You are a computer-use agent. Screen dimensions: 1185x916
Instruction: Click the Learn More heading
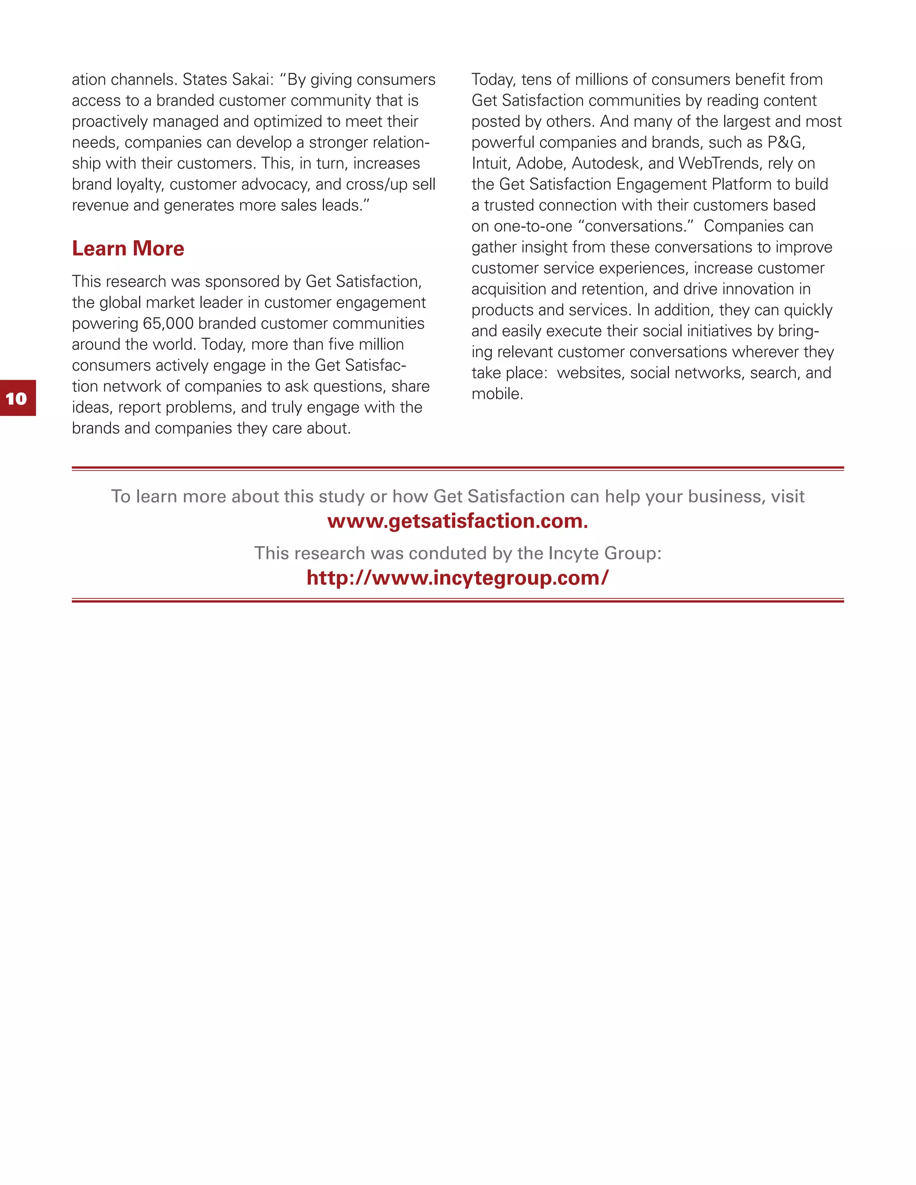click(x=128, y=249)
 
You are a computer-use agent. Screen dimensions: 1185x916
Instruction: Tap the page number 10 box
click(x=17, y=398)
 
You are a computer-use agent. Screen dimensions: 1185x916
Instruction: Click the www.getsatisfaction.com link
click(x=458, y=521)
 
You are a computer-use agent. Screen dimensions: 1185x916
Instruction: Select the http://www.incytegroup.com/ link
click(x=458, y=578)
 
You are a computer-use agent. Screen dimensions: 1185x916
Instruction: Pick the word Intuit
click(x=490, y=163)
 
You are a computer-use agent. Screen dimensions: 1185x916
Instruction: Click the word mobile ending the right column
click(x=496, y=394)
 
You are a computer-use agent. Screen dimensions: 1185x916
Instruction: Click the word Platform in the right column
click(x=742, y=185)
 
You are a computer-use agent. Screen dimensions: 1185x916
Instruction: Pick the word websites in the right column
click(x=590, y=373)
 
